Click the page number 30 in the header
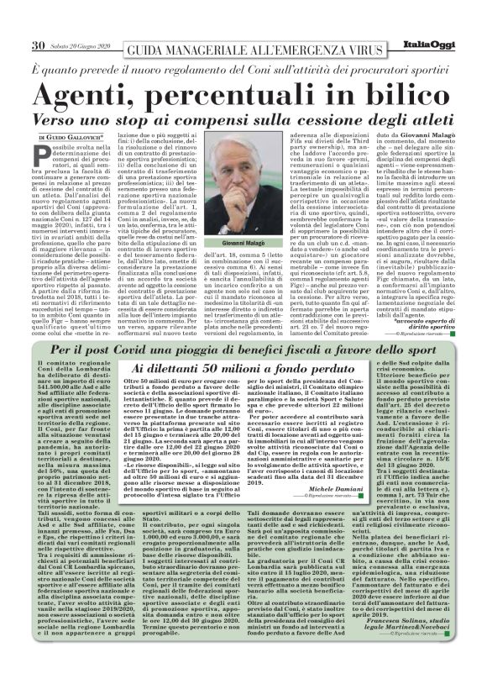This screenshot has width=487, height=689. tap(38, 45)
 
